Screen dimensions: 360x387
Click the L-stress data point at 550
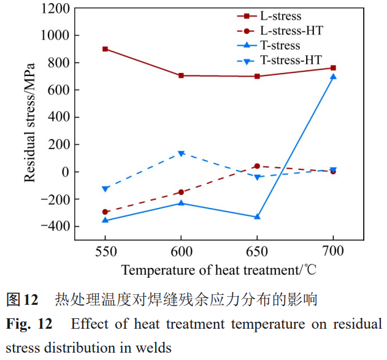point(105,49)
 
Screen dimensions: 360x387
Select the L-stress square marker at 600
point(181,75)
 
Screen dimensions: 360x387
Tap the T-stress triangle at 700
point(333,77)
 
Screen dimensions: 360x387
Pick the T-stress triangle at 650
point(257,216)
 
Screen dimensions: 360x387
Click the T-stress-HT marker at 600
point(181,153)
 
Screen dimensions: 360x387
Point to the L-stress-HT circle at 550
point(105,212)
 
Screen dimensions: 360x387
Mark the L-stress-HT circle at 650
point(257,166)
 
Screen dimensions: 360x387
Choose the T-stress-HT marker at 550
point(105,189)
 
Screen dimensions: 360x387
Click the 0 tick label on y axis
point(63,172)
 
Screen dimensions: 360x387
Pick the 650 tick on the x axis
point(257,251)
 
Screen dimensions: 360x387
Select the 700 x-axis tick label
point(333,251)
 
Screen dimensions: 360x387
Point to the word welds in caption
point(156,347)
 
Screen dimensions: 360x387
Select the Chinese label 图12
point(21,300)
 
